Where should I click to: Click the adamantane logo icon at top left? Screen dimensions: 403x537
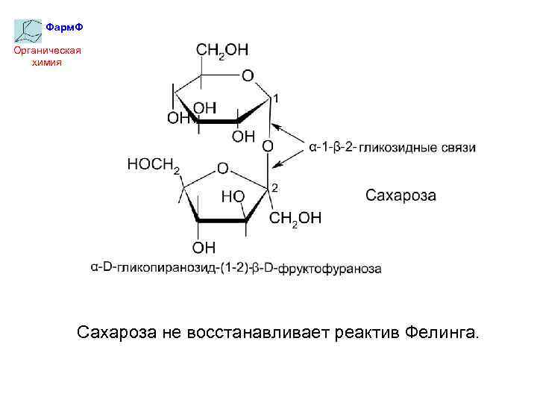tap(28, 29)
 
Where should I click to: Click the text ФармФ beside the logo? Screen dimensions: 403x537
tap(64, 27)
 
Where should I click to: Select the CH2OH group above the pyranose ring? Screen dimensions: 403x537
tap(222, 50)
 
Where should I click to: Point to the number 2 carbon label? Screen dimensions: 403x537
tap(274, 187)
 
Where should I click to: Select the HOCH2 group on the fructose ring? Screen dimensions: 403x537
tap(154, 165)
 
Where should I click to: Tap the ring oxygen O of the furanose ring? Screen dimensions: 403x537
tap(222, 169)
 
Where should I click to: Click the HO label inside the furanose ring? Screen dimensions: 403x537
tap(233, 196)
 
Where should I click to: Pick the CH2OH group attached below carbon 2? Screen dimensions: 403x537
tap(295, 218)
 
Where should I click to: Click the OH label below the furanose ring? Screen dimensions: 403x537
tap(204, 246)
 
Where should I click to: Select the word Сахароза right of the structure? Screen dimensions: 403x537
tap(401, 196)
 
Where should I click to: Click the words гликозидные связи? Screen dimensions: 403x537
tap(418, 149)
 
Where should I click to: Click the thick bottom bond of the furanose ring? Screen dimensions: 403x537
tap(222, 220)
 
